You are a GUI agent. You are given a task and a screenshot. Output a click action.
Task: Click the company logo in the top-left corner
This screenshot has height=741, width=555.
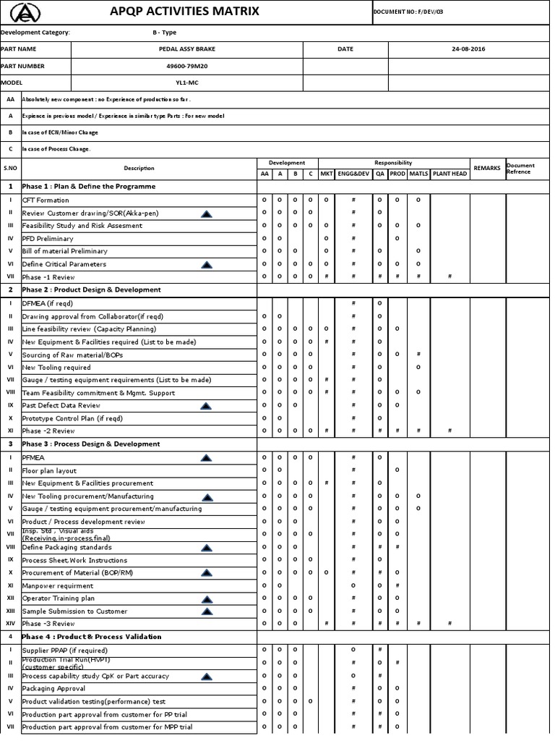(26, 12)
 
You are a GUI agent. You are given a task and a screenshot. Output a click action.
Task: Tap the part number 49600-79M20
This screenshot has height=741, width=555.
(186, 66)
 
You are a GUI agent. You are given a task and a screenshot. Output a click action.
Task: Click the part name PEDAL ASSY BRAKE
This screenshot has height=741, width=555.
(186, 49)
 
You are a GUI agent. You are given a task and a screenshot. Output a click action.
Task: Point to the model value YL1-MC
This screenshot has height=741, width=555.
(186, 82)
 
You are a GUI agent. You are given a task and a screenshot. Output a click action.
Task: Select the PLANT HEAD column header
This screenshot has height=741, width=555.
(449, 174)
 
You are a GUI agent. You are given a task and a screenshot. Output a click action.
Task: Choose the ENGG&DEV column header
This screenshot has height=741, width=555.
(353, 174)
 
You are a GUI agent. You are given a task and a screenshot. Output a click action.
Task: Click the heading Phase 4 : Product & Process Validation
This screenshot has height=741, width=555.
(91, 637)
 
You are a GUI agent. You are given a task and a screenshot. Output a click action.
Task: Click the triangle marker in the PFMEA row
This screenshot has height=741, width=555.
(206, 457)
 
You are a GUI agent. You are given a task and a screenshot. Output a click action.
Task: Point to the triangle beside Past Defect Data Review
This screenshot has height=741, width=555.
(206, 406)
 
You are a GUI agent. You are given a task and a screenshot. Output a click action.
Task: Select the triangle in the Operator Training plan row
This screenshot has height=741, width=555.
(206, 598)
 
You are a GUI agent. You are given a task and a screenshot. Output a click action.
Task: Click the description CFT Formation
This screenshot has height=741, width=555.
(46, 200)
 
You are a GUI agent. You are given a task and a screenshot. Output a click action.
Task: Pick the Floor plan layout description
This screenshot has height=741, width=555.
(51, 470)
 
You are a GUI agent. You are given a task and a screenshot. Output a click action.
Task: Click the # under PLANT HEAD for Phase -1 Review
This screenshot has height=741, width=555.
(449, 276)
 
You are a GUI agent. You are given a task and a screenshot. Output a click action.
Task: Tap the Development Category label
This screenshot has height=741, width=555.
(35, 33)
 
